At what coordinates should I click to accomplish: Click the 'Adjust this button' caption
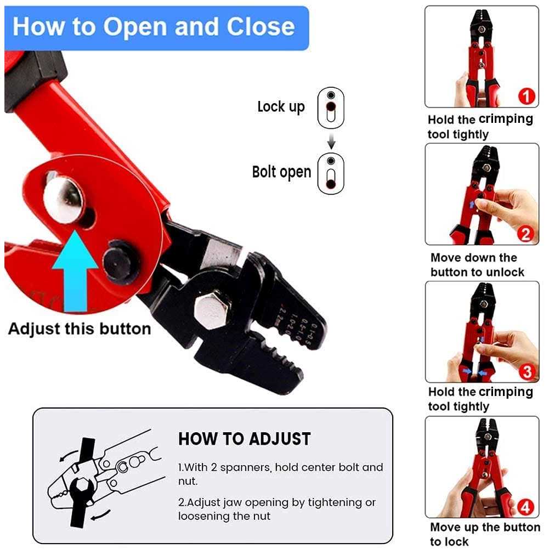[x=80, y=329]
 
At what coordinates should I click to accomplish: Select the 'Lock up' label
[x=281, y=106]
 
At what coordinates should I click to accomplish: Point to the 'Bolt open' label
[x=281, y=172]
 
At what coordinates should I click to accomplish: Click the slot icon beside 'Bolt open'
[x=331, y=173]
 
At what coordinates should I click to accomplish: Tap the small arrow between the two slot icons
[x=331, y=142]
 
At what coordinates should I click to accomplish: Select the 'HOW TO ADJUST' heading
[x=245, y=439]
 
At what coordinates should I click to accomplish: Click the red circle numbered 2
[x=525, y=234]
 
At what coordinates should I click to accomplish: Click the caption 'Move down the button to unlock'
[x=477, y=265]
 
